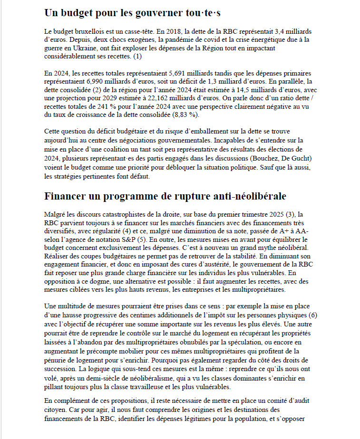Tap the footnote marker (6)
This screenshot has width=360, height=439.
312,315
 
